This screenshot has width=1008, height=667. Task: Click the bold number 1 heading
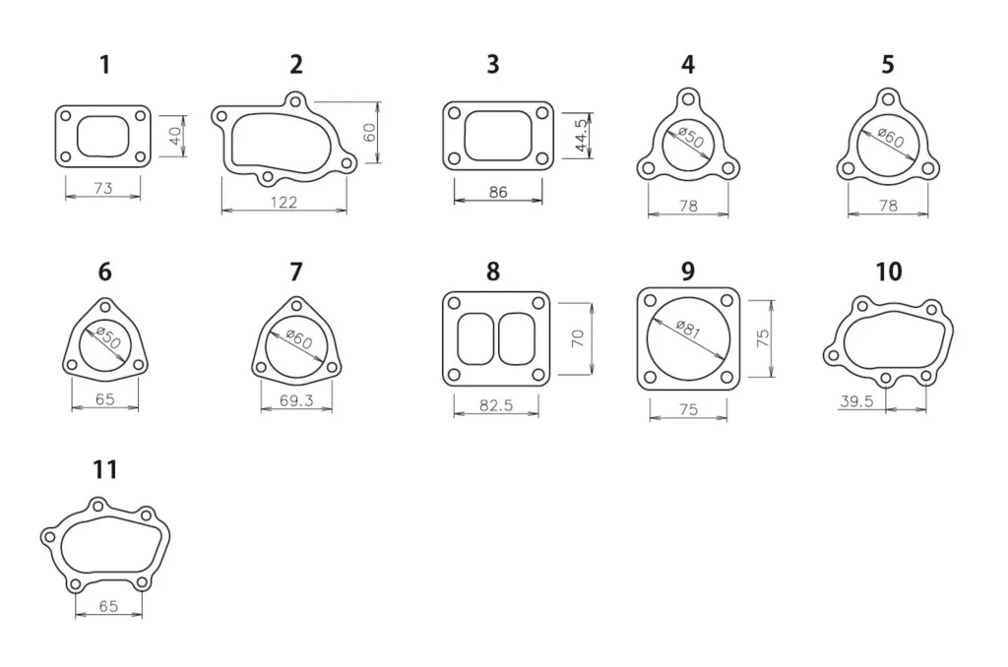(104, 66)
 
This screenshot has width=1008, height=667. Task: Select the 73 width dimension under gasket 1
(102, 188)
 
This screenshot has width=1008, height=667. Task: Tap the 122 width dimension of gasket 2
(284, 202)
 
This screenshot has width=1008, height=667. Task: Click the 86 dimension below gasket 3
(498, 192)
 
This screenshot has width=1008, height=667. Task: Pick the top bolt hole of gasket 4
(688, 99)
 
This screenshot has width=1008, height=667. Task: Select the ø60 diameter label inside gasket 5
(890, 140)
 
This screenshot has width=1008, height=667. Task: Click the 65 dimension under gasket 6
(105, 399)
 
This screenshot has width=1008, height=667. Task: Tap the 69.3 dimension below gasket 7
(296, 401)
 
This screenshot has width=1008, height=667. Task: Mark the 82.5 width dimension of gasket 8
(497, 404)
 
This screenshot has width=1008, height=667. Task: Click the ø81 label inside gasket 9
(688, 330)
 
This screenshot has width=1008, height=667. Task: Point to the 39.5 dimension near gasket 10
(857, 400)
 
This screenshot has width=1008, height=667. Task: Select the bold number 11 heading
(104, 470)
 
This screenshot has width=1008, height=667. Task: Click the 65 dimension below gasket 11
(108, 607)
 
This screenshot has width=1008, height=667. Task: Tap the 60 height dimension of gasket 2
(370, 133)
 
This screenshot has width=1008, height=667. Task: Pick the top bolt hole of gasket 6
(105, 306)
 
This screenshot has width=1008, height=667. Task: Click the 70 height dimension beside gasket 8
(579, 337)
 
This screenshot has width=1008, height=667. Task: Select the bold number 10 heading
(888, 272)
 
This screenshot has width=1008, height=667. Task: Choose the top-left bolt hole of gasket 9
(651, 300)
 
